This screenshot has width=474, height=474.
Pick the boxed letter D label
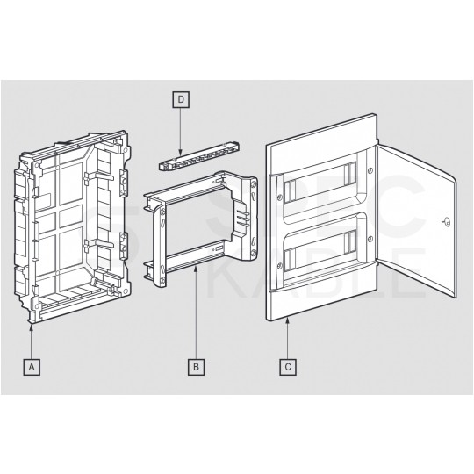[180, 100]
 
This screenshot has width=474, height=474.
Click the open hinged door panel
[417, 224]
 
